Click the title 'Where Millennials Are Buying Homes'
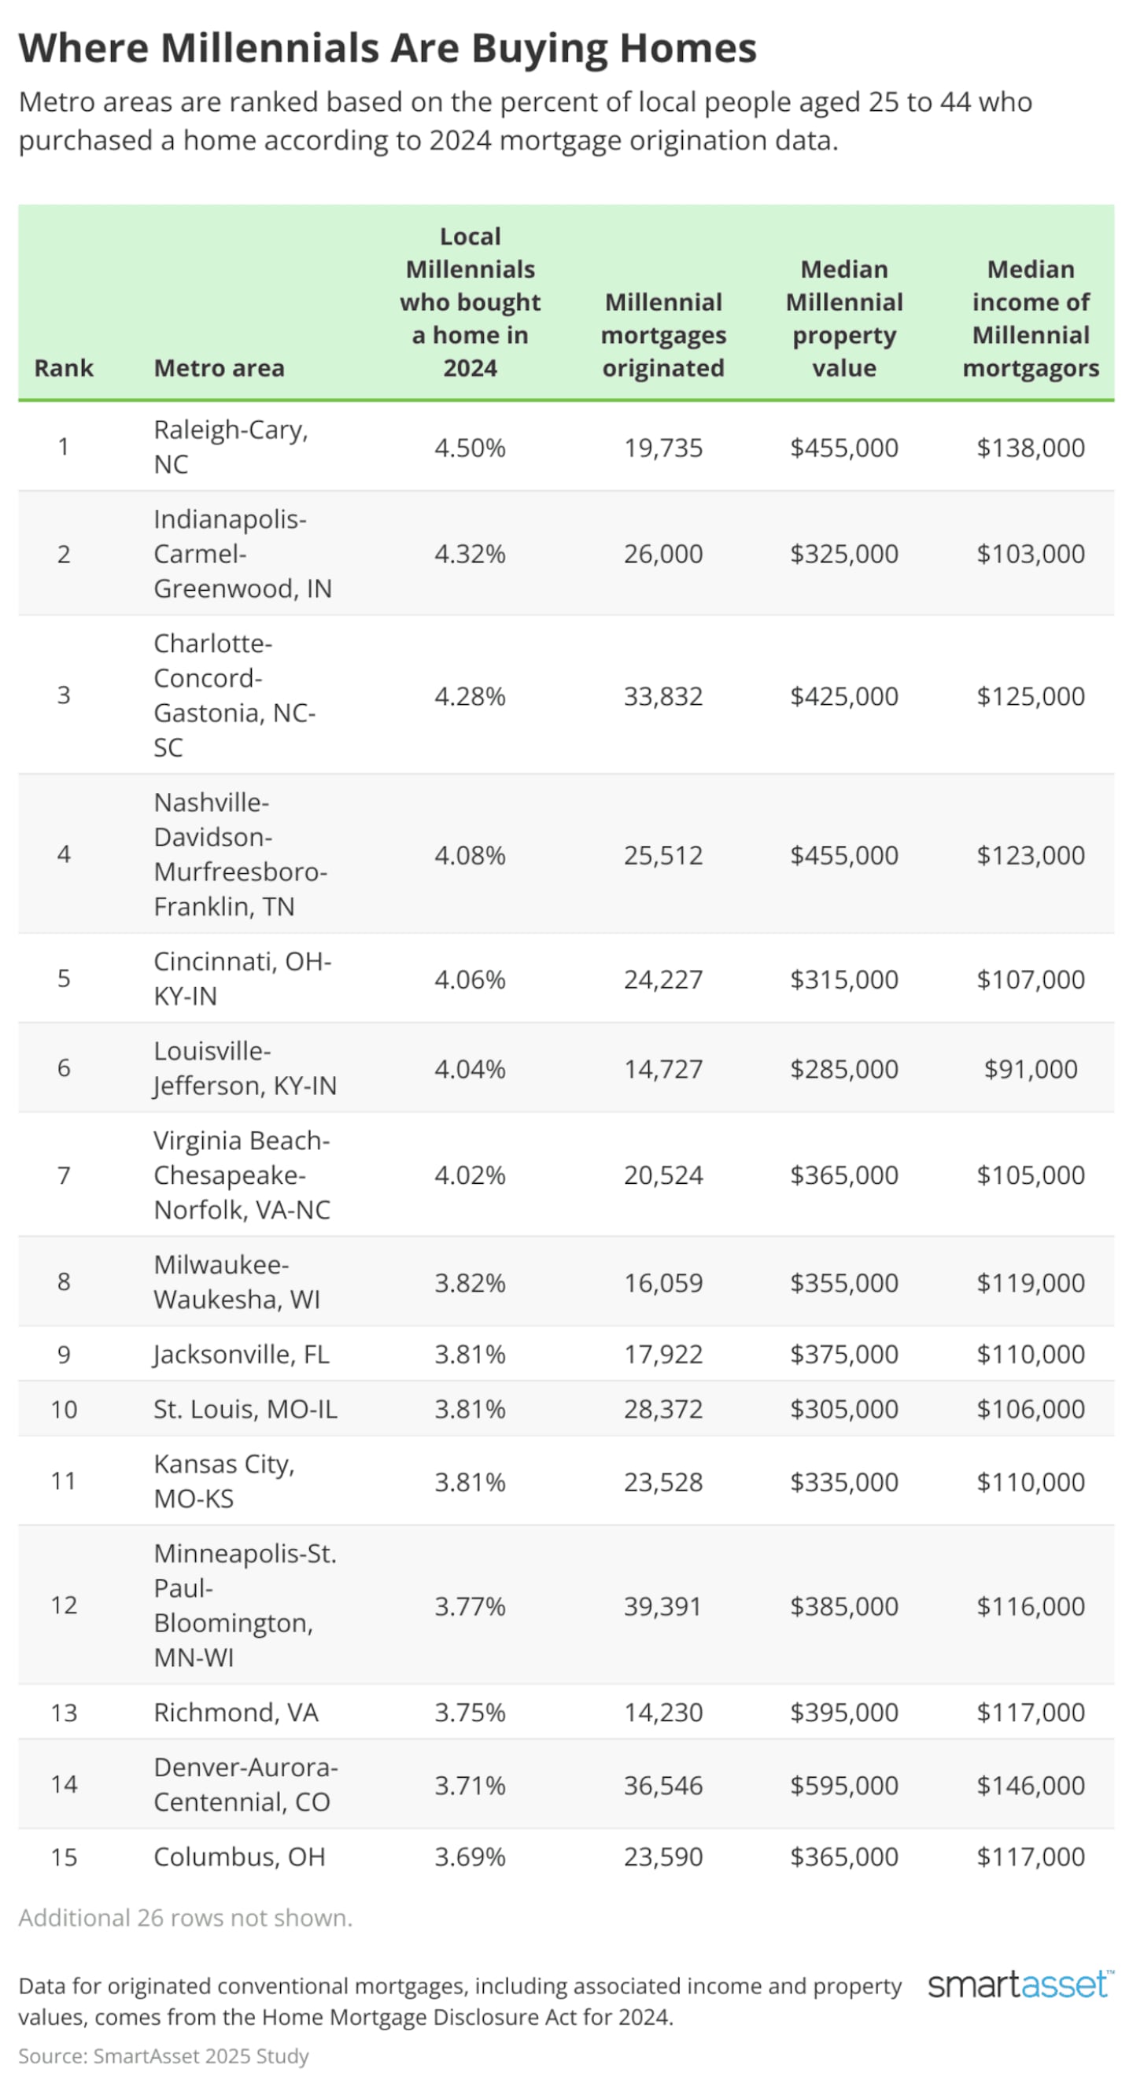387,49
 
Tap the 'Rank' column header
63,368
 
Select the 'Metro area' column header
219,368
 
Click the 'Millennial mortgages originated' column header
663,334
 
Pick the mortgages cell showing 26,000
663,553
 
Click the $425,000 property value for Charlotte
843,696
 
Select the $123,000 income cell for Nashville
1030,855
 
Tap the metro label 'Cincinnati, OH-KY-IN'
242,978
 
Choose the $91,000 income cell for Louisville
1030,1068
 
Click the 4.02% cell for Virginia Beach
469,1174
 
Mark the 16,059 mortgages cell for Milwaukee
663,1282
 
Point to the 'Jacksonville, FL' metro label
242,1354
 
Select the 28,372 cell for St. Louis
663,1409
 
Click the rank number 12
63,1605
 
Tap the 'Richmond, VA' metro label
236,1712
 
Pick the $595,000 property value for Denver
843,1785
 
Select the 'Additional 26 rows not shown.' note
186,1918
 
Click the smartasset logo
1020,1985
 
